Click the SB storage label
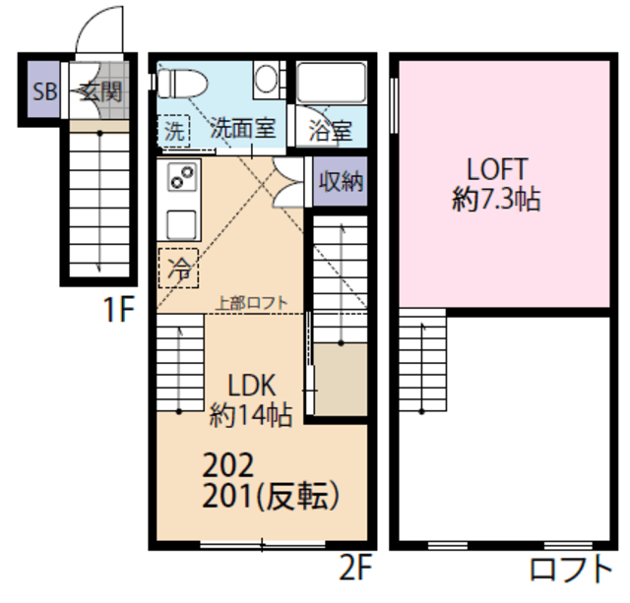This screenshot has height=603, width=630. (x=44, y=91)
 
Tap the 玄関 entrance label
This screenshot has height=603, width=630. (x=100, y=91)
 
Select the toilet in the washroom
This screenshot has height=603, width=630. (x=181, y=84)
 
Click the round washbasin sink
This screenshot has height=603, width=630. (x=266, y=79)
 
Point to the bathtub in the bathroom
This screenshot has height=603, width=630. (x=332, y=83)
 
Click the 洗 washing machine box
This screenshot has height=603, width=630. (x=174, y=130)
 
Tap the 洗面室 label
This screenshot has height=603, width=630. (x=243, y=128)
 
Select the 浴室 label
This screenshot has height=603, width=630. (x=331, y=131)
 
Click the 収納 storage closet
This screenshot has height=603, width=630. (x=340, y=181)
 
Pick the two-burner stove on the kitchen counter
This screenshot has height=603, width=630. (x=182, y=177)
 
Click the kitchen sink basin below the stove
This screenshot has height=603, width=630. (x=181, y=225)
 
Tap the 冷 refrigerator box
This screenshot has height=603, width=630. (x=178, y=268)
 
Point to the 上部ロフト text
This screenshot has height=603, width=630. (x=252, y=303)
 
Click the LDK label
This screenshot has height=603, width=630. (x=252, y=386)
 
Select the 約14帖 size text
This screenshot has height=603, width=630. (x=251, y=414)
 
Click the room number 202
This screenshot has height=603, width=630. (x=228, y=464)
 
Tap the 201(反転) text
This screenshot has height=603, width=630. (x=271, y=495)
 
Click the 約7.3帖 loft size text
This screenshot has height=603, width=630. (x=496, y=199)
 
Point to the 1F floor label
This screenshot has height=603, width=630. (x=118, y=309)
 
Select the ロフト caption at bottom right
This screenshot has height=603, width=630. (x=571, y=569)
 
